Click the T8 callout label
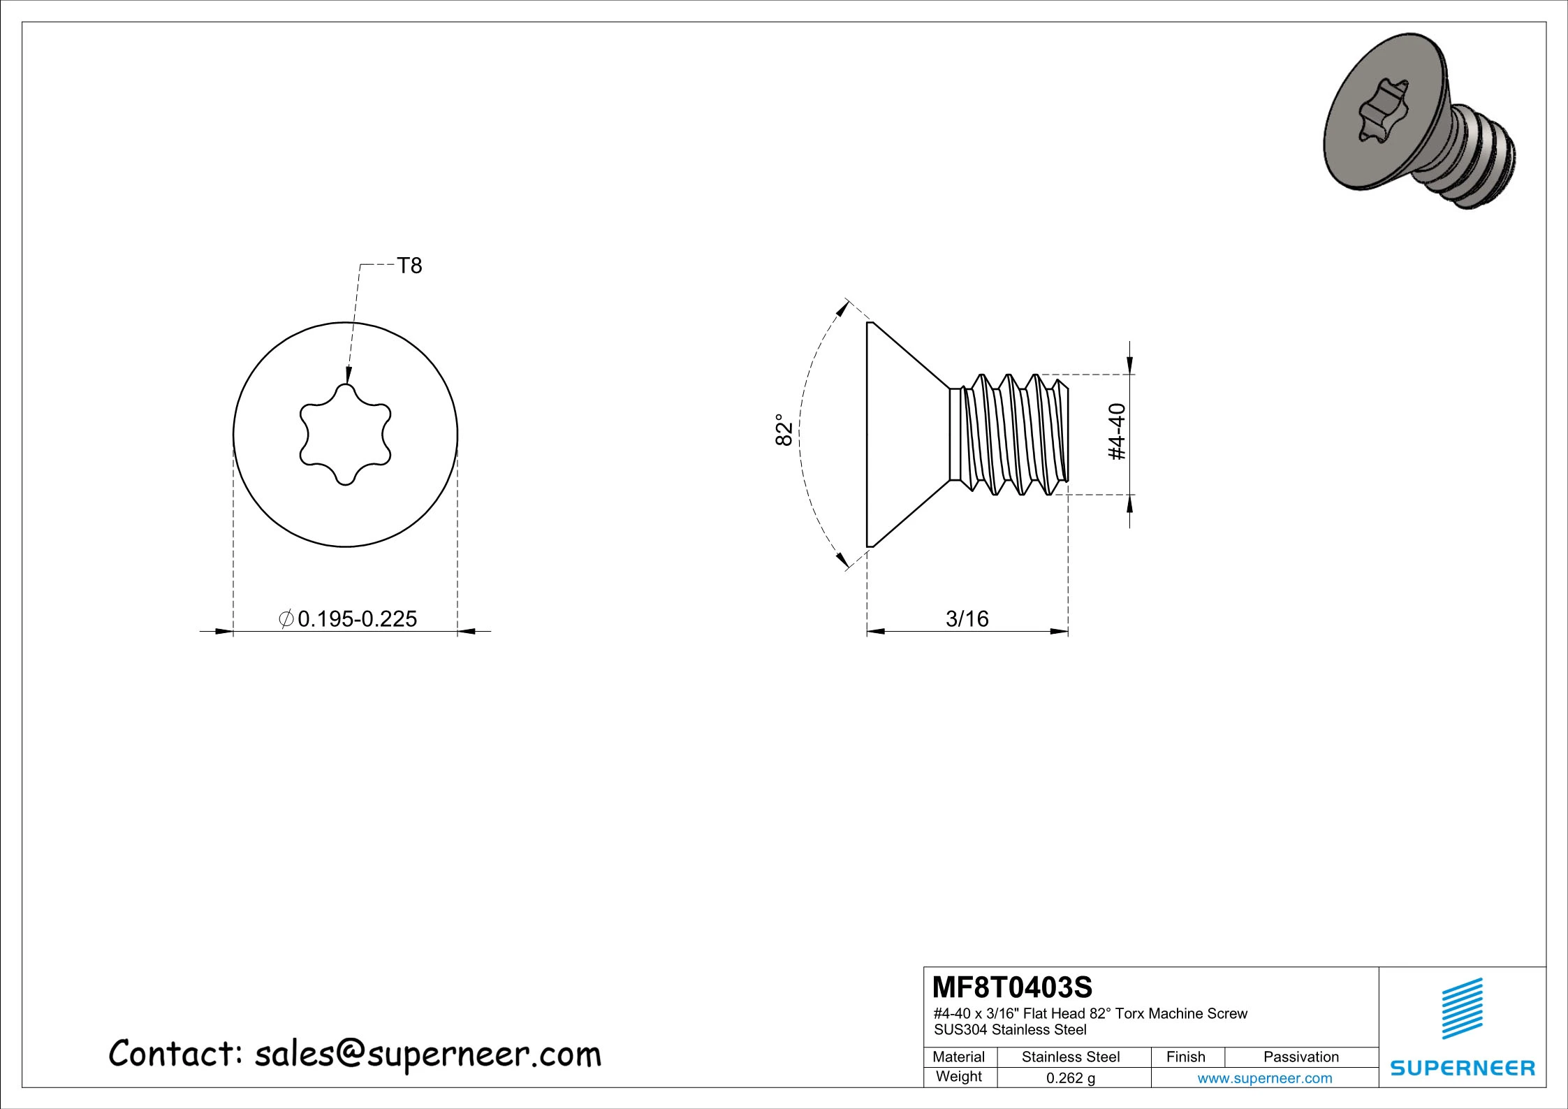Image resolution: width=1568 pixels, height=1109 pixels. tap(409, 266)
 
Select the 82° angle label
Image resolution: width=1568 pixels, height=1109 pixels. tap(784, 430)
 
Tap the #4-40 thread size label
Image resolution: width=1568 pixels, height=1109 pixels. tap(1118, 432)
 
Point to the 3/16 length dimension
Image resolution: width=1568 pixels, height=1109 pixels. tap(967, 619)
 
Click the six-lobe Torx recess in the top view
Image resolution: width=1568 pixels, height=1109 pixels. tap(345, 435)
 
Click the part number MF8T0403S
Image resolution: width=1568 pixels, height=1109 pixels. tap(1012, 987)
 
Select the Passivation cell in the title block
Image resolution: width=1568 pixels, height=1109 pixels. tap(1300, 1057)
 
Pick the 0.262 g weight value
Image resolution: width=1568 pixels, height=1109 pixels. tap(1070, 1078)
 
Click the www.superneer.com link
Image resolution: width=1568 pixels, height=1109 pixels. tap(1264, 1078)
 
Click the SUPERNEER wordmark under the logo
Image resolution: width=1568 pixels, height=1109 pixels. tap(1462, 1068)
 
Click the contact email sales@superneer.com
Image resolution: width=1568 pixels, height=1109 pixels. tap(427, 1054)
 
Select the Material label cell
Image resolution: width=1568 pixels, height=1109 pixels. tap(959, 1057)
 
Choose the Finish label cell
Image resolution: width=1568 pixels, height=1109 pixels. tap(1186, 1057)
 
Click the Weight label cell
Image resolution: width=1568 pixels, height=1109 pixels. tap(959, 1076)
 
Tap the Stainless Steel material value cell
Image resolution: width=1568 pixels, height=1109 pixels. tap(1070, 1057)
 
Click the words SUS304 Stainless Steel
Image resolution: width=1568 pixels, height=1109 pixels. tap(1010, 1029)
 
